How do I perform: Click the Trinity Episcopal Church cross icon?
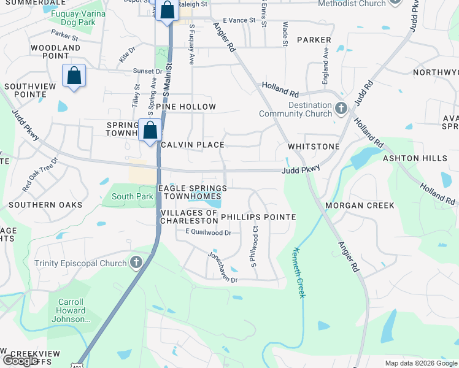point(136,263)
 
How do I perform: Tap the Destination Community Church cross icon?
point(342,109)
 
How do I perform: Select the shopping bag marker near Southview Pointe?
point(74,76)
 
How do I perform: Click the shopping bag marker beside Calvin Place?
point(150,130)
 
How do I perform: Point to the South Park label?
point(132,197)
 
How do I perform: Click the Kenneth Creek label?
point(299,272)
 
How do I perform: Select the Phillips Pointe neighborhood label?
point(258,217)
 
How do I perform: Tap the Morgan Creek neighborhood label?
point(360,205)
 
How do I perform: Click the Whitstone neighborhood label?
point(314,147)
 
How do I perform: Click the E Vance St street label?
point(239,20)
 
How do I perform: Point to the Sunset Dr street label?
point(147,71)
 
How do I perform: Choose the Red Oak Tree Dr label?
point(40,174)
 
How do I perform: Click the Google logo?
point(20,361)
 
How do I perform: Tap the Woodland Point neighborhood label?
point(55,52)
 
